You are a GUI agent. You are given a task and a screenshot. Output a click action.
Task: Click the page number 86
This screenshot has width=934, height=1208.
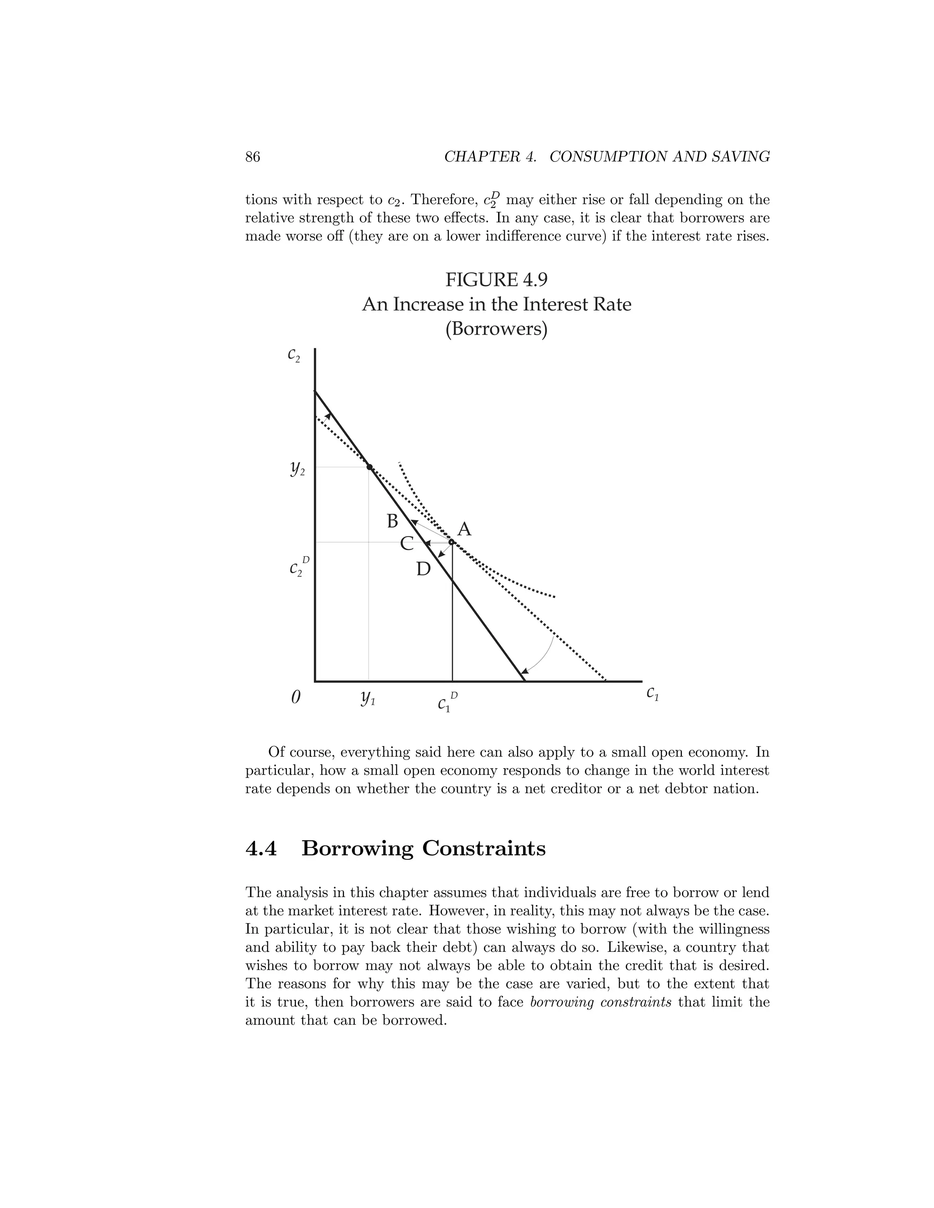252,157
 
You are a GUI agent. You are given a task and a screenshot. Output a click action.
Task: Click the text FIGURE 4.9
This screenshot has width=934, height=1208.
496,280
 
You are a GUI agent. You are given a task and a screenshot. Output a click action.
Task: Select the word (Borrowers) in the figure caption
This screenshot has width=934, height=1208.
496,329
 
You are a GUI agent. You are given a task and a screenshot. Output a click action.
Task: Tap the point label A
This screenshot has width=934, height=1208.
464,529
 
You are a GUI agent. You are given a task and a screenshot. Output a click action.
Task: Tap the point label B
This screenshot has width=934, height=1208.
392,521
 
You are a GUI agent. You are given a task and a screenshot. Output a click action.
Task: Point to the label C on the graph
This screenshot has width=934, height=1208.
407,544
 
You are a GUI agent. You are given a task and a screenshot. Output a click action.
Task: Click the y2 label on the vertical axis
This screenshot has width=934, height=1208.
297,469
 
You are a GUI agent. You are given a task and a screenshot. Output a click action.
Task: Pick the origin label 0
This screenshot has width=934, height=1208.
296,697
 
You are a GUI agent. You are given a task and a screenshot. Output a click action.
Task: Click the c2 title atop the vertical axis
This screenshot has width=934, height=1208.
294,355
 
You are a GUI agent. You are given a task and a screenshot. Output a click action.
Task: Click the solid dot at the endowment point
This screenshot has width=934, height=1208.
369,467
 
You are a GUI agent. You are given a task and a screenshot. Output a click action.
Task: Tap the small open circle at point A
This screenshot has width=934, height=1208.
451,542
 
